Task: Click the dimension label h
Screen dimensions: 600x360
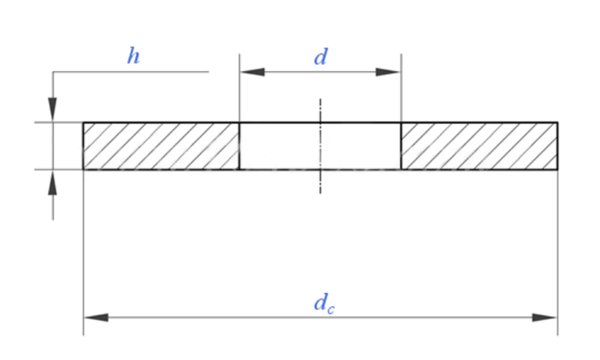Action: click(133, 56)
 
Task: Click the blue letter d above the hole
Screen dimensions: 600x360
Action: click(320, 57)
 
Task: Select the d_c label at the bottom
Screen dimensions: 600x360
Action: click(324, 304)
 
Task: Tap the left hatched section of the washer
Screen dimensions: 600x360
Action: click(161, 146)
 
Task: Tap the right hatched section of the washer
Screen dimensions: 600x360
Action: click(479, 146)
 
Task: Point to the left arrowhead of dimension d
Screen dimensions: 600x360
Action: click(252, 72)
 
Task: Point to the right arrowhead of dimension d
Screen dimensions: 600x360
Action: click(388, 72)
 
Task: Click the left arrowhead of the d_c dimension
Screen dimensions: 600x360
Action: click(96, 317)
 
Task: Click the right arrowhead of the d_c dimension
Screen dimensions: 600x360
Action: click(545, 317)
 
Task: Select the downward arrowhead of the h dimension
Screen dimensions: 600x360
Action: click(52, 110)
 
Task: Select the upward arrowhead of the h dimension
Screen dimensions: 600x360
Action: click(52, 182)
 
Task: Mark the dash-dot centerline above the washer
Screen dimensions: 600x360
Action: click(320, 110)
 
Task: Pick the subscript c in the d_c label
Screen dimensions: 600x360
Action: click(331, 309)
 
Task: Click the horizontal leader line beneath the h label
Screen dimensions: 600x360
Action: click(131, 71)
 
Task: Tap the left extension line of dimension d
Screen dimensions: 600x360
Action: click(239, 88)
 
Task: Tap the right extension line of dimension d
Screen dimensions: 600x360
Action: click(401, 88)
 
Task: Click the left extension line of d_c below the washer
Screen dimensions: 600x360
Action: click(83, 253)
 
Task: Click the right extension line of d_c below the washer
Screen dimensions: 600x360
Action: click(558, 253)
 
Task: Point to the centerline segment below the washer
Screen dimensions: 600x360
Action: click(320, 182)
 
